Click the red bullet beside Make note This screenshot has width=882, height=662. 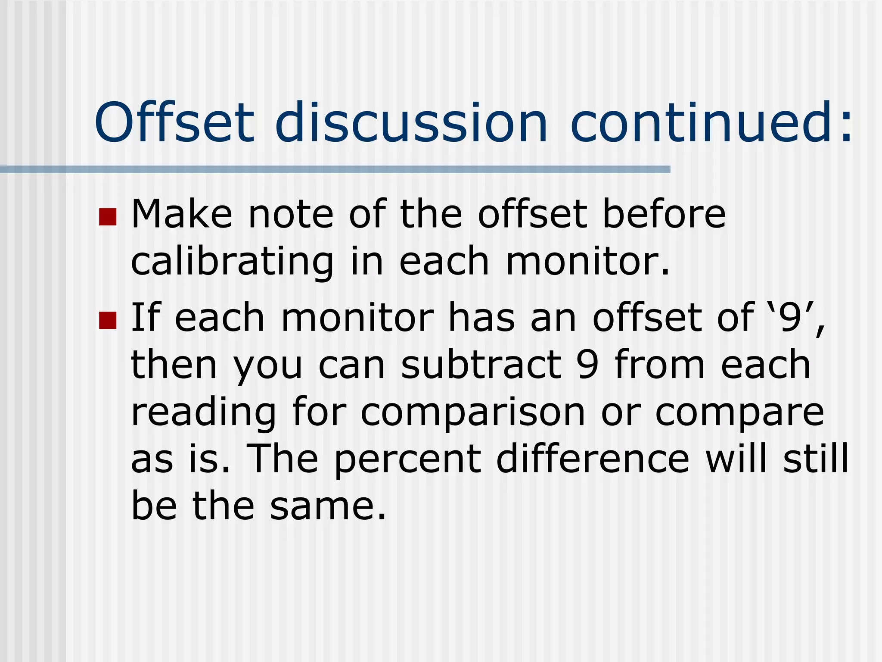pos(108,217)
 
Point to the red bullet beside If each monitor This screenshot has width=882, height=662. pos(108,320)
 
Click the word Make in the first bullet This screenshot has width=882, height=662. pos(181,214)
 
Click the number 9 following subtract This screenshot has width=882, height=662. pos(588,365)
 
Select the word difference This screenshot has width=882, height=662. pos(593,459)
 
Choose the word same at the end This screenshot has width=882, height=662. pos(328,506)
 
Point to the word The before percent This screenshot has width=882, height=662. pos(282,459)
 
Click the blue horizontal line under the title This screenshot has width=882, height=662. pos(335,169)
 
